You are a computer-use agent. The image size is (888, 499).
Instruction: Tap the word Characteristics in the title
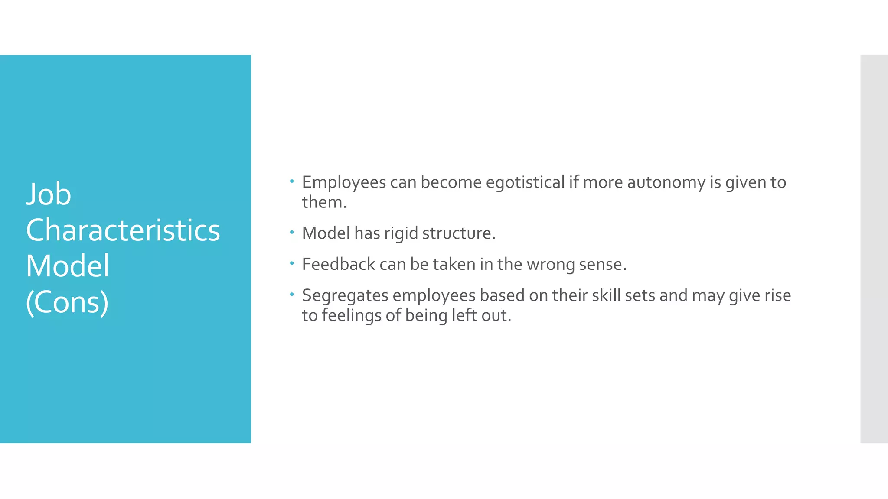(123, 230)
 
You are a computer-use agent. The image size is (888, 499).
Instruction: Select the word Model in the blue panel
(67, 266)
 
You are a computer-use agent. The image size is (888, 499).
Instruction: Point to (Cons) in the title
(67, 302)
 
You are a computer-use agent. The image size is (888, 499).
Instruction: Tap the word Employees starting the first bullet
(343, 182)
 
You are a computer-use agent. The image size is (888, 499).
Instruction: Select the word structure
(458, 233)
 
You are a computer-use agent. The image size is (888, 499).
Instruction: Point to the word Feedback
(338, 264)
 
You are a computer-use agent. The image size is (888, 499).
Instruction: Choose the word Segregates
(345, 295)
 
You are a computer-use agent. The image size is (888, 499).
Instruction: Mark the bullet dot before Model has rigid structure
(292, 233)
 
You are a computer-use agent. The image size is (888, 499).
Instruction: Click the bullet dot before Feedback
(292, 263)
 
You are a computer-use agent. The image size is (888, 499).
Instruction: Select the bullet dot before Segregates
(292, 295)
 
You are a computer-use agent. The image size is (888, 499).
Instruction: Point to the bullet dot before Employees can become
(292, 181)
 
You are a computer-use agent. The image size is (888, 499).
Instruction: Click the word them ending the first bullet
(323, 202)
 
